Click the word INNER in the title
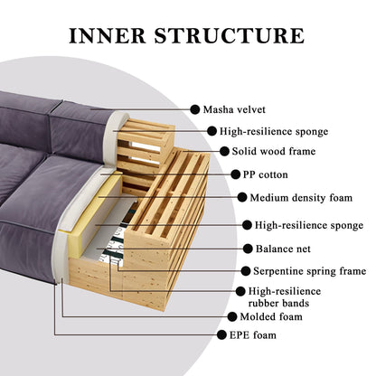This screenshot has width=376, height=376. (108, 35)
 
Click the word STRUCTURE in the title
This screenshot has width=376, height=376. (229, 35)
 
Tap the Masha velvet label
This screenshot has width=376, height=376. (234, 109)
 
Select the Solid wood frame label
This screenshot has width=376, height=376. (274, 151)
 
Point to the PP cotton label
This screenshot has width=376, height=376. (266, 174)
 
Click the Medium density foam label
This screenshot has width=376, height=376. (301, 198)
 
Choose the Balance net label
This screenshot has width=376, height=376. (283, 249)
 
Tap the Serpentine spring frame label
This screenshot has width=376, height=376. (309, 271)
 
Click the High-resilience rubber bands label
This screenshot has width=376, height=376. (285, 297)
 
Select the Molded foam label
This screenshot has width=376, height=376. (271, 316)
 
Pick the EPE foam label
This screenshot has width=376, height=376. (253, 335)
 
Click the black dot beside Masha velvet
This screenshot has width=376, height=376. (195, 109)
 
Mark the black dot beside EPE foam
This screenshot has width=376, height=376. (221, 334)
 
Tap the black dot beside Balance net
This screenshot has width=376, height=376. (248, 249)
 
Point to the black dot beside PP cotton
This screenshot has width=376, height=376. (235, 174)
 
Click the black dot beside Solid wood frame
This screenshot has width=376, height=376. (224, 151)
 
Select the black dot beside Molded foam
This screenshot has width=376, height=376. (232, 316)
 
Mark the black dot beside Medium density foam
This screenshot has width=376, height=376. (242, 197)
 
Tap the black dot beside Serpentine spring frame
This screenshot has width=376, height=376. (246, 271)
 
